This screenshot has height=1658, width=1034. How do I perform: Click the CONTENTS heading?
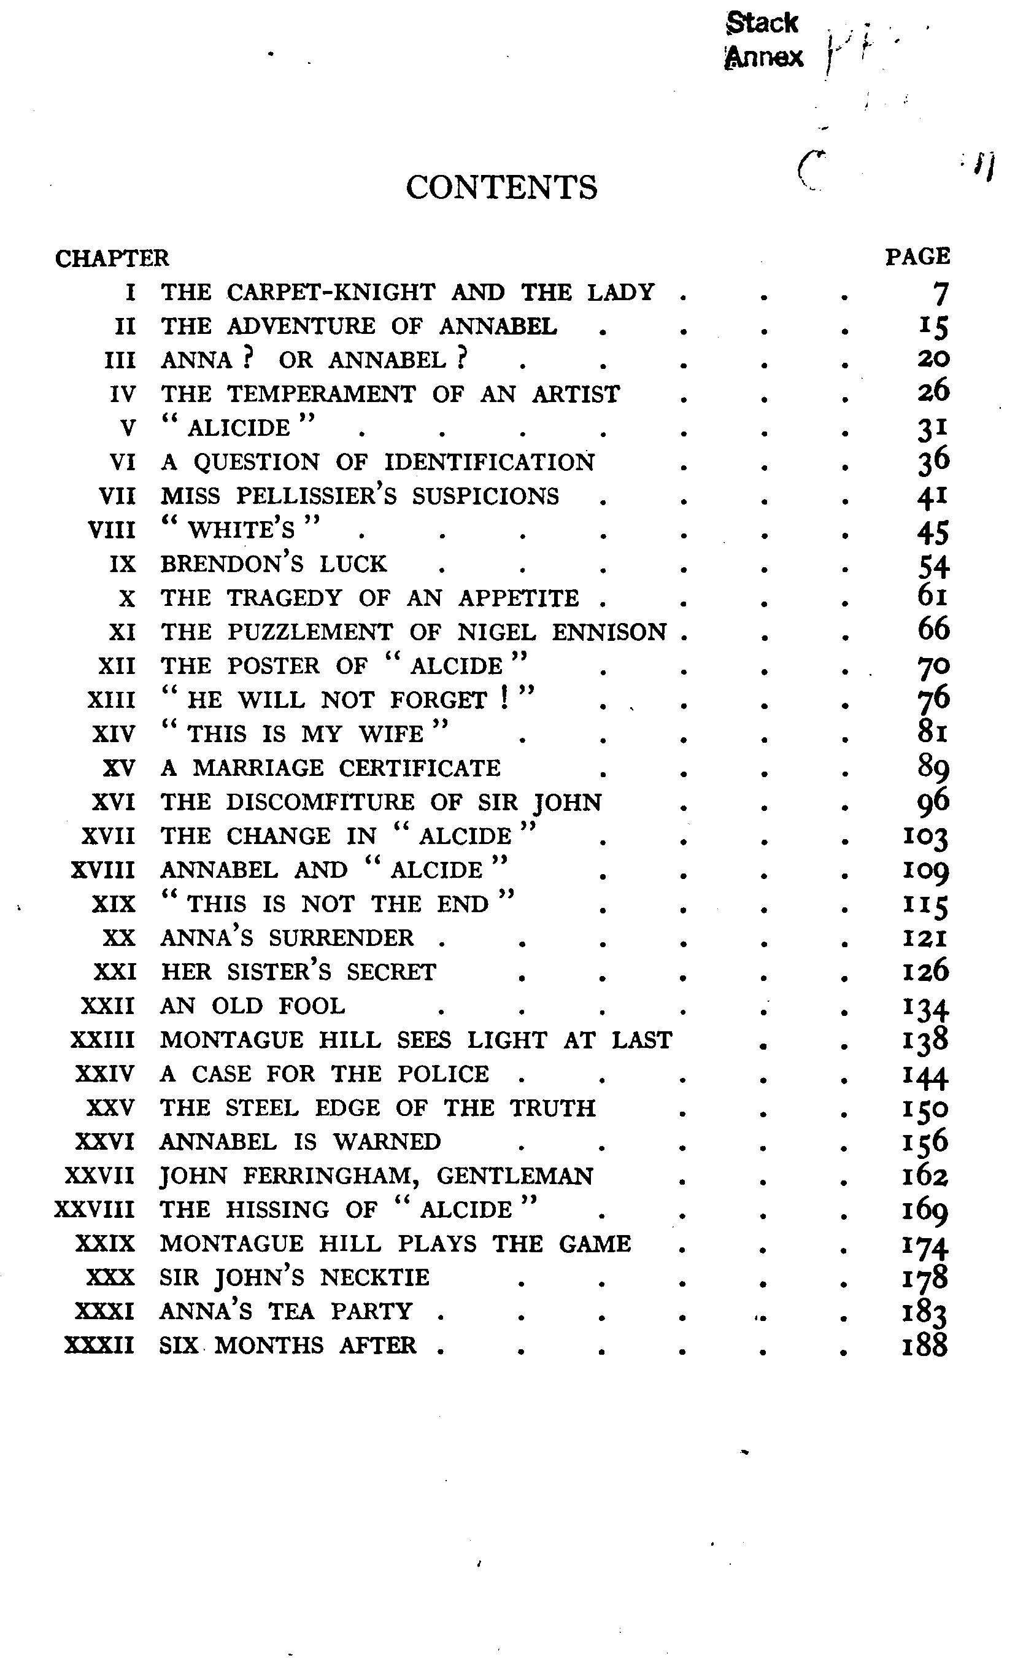(x=501, y=187)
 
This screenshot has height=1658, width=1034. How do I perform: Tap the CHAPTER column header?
(x=112, y=258)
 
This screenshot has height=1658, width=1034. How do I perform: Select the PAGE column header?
(x=917, y=257)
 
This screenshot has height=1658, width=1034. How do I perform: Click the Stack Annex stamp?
(x=763, y=40)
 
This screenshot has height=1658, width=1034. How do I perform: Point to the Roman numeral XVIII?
(x=103, y=870)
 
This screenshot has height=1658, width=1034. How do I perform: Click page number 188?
(x=925, y=1345)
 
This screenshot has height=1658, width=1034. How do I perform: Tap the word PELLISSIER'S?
(x=317, y=496)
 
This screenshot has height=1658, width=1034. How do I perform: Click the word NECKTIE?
(x=375, y=1277)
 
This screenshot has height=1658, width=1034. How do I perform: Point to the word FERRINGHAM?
(x=328, y=1176)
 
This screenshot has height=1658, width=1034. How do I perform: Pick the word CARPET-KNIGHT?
(x=331, y=293)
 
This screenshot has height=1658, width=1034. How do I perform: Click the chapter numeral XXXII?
(x=100, y=1346)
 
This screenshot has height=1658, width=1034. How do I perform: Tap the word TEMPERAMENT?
(x=322, y=394)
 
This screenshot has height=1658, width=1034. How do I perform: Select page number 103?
(x=925, y=837)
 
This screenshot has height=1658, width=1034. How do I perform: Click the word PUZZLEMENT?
(x=310, y=632)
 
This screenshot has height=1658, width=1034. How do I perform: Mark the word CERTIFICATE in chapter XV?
(x=419, y=768)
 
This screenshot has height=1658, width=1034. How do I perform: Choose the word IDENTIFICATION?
(x=489, y=462)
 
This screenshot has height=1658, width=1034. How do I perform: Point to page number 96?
(x=933, y=802)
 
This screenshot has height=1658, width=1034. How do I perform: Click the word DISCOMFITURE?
(x=320, y=802)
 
